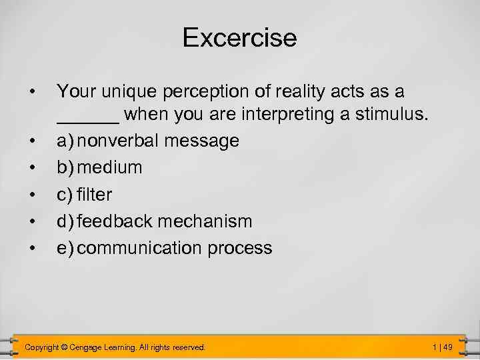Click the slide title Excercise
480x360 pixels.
pyautogui.click(x=239, y=37)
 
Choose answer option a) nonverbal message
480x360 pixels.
pyautogui.click(x=147, y=141)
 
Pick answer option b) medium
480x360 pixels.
pyautogui.click(x=99, y=167)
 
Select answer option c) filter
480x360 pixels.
pyautogui.click(x=84, y=194)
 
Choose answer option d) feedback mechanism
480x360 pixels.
pyautogui.click(x=154, y=221)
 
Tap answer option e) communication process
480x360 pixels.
pyautogui.click(x=164, y=248)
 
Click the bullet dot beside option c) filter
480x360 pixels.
pyautogui.click(x=32, y=195)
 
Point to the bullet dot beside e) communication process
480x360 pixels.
pyautogui.click(x=32, y=248)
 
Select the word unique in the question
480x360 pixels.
pyautogui.click(x=127, y=91)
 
